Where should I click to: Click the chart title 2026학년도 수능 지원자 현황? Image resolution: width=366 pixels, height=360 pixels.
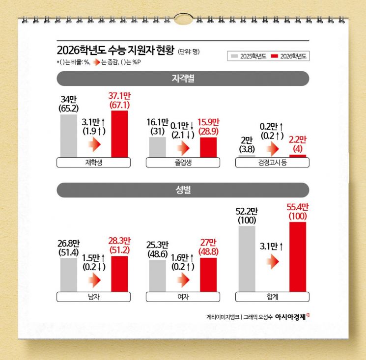pos(115,51)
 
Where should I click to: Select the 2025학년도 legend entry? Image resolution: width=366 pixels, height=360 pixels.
pos(249,56)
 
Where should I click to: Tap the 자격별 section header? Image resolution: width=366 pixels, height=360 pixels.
pos(183,79)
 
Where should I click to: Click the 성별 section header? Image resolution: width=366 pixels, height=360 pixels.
pos(183,190)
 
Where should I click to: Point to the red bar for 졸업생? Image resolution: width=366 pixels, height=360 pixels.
pos(208,147)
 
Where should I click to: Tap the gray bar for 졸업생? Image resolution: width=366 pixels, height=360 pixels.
pos(157,147)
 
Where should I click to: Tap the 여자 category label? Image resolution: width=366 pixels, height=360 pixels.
pos(183,297)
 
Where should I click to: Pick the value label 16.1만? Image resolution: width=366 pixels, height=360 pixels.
pos(157,122)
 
